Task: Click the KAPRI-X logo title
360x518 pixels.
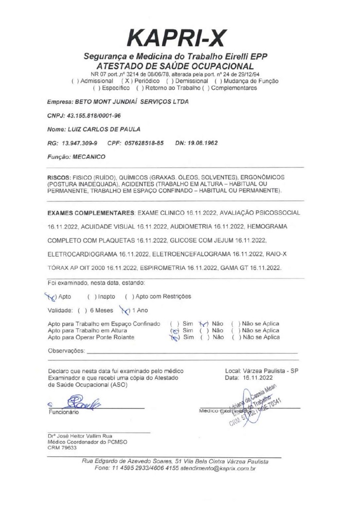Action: tap(176, 38)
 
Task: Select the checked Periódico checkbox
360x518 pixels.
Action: tap(124, 81)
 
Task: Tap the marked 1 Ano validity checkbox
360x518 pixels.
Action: tap(123, 310)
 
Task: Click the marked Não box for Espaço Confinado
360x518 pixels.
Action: tap(204, 324)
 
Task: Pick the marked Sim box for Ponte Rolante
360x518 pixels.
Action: tap(174, 337)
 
